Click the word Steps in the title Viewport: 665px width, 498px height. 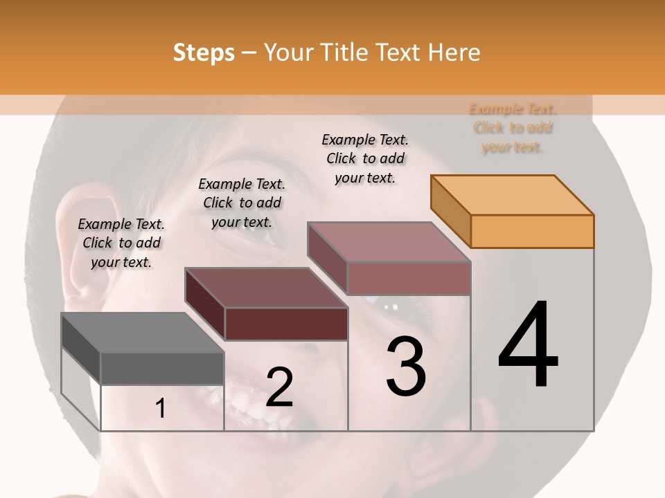click(x=204, y=53)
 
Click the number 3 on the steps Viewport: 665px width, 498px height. click(x=406, y=367)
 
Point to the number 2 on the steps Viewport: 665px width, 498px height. click(x=279, y=387)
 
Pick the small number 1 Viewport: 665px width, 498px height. click(x=161, y=409)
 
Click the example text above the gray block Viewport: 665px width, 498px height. click(x=121, y=243)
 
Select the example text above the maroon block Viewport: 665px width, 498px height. click(x=242, y=203)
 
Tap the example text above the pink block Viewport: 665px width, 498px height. click(x=365, y=158)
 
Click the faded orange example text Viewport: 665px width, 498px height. click(x=513, y=128)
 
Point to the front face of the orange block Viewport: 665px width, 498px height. click(x=532, y=231)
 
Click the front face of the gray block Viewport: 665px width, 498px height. click(x=162, y=368)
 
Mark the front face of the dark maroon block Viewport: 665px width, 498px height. click(x=286, y=324)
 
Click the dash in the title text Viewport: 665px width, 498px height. click(x=249, y=53)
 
